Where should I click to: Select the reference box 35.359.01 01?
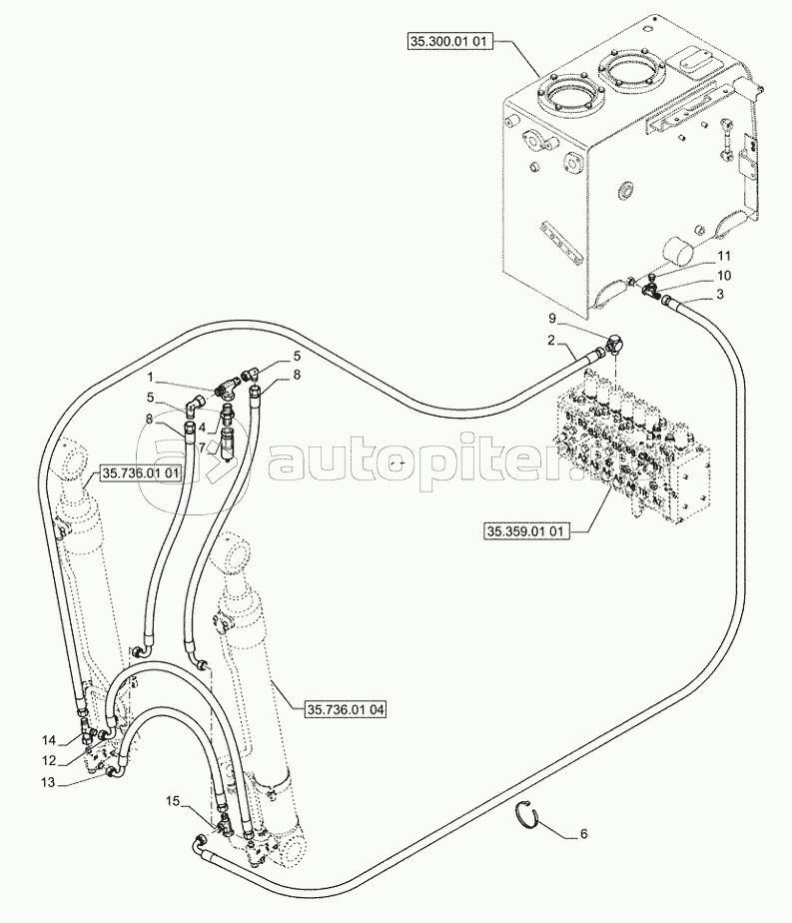click(525, 531)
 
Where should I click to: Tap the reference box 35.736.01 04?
click(346, 710)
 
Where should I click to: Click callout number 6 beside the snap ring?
click(583, 834)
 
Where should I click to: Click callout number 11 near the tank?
click(724, 256)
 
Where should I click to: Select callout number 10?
click(724, 276)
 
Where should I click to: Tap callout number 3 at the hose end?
click(720, 294)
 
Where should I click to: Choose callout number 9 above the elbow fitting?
click(552, 318)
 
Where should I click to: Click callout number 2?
click(550, 340)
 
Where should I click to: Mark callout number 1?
click(151, 377)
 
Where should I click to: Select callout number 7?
click(203, 448)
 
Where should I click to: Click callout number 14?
click(48, 740)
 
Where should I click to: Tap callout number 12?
click(48, 760)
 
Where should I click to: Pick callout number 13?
click(48, 782)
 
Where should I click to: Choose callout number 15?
click(172, 800)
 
